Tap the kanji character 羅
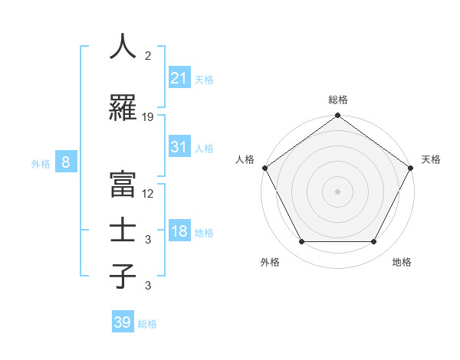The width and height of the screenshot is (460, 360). coord(123,108)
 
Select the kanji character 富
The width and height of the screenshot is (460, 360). coord(123,184)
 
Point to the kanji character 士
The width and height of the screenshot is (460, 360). coord(123,231)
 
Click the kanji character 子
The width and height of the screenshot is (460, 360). coord(123,276)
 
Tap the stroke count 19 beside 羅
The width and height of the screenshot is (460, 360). coord(148,117)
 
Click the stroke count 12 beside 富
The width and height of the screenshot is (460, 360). coord(148,194)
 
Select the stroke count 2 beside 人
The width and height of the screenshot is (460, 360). coord(147,56)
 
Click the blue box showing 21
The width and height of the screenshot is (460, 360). coord(179,77)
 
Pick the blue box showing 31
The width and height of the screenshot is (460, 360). coord(179,147)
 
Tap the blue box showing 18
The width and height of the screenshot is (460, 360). coord(179,231)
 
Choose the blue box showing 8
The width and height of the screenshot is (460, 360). coord(66,162)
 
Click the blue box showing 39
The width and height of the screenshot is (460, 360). coord(122,322)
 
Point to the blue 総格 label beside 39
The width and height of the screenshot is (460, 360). coord(147,324)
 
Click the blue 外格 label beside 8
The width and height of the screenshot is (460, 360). coord(40,163)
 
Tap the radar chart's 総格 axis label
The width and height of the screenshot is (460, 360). coord(337,100)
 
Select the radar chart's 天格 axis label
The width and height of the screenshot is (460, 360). coord(431,159)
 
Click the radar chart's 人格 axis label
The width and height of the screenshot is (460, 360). coord(245,159)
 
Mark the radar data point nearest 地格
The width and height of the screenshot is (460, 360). coord(374,242)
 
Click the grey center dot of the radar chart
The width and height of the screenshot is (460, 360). coord(337,191)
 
